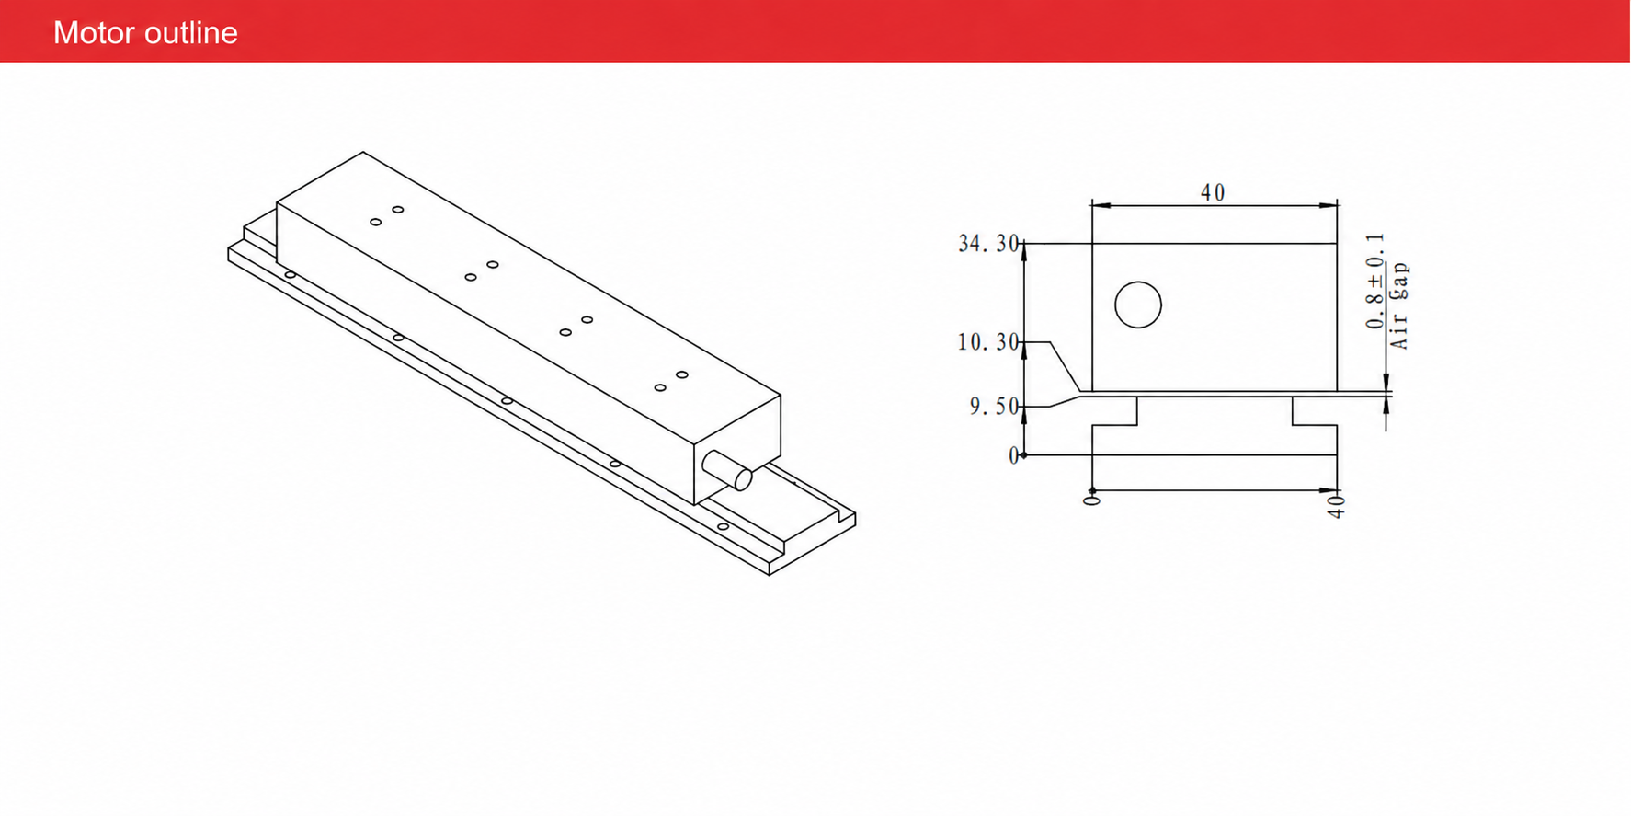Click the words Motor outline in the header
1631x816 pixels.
tap(145, 33)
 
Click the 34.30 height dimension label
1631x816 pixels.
tap(988, 244)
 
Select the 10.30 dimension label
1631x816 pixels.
tap(988, 342)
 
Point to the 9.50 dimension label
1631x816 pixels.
tap(995, 407)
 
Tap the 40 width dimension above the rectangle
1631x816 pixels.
tap(1213, 192)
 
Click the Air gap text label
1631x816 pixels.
tap(1399, 305)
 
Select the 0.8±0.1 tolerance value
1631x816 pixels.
tap(1375, 281)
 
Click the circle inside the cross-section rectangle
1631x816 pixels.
tap(1138, 305)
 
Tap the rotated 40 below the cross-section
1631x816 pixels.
tap(1336, 507)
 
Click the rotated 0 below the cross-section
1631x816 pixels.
tap(1092, 500)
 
